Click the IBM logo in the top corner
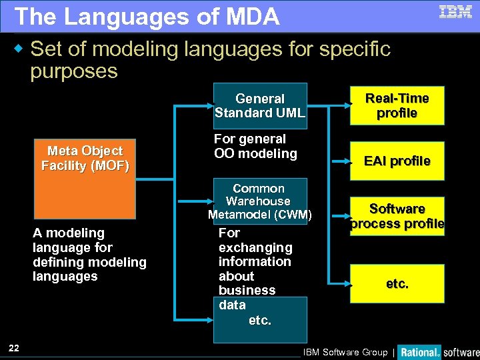(x=455, y=12)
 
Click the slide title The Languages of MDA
(x=147, y=17)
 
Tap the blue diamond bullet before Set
(x=19, y=49)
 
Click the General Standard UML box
(x=260, y=105)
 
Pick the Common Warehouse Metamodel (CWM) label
(x=259, y=201)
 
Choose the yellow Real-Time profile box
(x=397, y=105)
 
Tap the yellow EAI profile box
(x=397, y=161)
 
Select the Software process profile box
(x=397, y=217)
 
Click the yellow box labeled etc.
(x=397, y=283)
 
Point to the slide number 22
(x=14, y=347)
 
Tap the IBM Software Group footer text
(x=345, y=352)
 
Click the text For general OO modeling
(x=255, y=147)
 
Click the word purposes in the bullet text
(x=74, y=71)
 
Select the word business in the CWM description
(x=247, y=290)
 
